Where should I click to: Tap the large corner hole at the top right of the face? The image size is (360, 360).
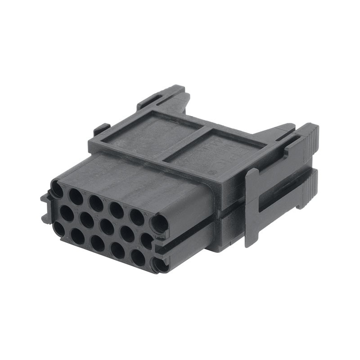tap(159, 223)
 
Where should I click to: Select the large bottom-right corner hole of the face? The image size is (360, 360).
tap(159, 265)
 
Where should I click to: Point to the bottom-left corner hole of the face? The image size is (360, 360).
tap(59, 228)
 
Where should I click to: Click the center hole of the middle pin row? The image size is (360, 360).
tap(107, 227)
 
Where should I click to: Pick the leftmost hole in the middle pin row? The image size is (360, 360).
tap(67, 213)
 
